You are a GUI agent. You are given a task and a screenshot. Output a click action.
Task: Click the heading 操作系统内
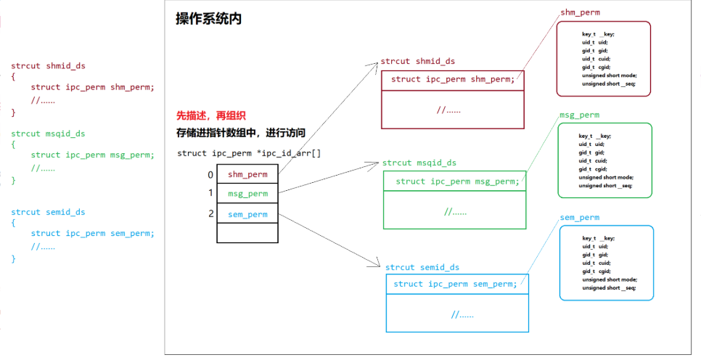208,19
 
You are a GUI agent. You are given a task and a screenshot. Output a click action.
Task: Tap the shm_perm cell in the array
247,174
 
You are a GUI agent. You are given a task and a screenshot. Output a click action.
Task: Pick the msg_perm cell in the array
247,194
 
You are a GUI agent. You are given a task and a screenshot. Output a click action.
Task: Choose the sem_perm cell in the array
247,214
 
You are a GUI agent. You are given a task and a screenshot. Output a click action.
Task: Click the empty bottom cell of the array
247,233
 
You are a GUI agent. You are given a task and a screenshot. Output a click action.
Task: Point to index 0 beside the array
210,174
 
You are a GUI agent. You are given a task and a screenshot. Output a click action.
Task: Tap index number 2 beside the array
210,213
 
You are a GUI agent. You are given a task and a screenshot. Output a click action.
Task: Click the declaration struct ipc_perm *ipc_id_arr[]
249,153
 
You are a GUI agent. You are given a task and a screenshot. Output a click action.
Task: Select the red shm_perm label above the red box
580,13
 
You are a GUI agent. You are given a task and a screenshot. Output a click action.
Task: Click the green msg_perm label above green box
579,115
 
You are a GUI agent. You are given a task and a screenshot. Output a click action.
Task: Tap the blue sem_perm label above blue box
579,218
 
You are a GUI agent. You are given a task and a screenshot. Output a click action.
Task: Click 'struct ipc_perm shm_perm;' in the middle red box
453,79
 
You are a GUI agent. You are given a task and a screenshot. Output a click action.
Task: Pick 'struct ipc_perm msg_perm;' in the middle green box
457,181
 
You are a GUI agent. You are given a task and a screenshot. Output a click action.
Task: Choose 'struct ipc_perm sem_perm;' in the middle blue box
455,284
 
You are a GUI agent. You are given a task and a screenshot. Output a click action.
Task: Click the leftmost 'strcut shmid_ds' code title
48,66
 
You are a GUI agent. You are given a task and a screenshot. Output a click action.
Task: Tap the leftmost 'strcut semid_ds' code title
48,213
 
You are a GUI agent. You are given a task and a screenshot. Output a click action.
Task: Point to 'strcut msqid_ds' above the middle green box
419,163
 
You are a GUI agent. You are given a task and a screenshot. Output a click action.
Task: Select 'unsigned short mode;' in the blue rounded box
609,279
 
